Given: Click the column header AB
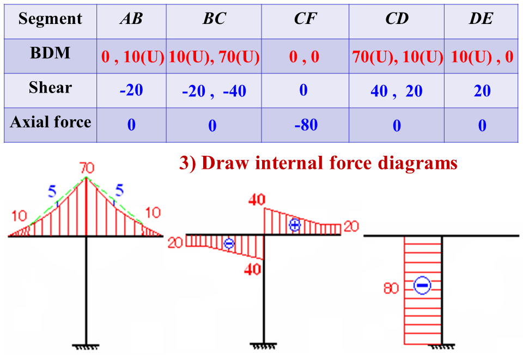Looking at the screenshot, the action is (x=131, y=20).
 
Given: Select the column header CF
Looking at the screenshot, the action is (x=305, y=20).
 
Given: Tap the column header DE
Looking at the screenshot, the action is (x=482, y=20).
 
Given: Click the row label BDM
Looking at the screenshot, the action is (x=50, y=53).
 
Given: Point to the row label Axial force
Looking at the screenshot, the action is (x=50, y=122).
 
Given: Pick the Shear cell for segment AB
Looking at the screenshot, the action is (x=131, y=90).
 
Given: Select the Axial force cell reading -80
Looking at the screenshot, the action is (x=305, y=125).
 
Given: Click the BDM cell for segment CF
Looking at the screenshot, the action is (x=305, y=57).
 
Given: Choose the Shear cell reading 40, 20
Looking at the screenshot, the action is (x=396, y=90).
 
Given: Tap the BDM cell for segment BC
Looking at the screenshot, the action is (x=214, y=57).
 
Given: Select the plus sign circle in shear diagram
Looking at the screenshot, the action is (x=295, y=224).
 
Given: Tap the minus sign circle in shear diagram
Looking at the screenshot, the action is (x=229, y=243).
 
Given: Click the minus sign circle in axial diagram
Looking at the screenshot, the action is (x=422, y=285).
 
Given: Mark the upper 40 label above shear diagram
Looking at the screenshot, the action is (x=257, y=199).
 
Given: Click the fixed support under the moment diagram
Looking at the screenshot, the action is (x=86, y=346).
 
